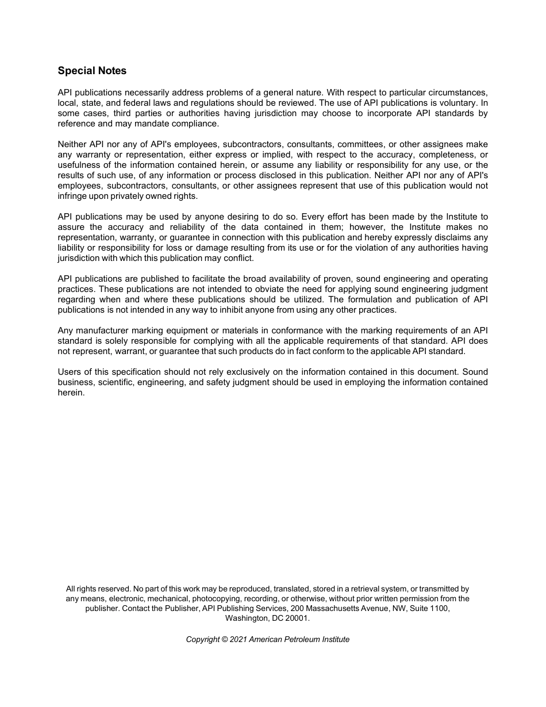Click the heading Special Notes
(x=92, y=71)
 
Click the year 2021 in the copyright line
(x=238, y=639)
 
